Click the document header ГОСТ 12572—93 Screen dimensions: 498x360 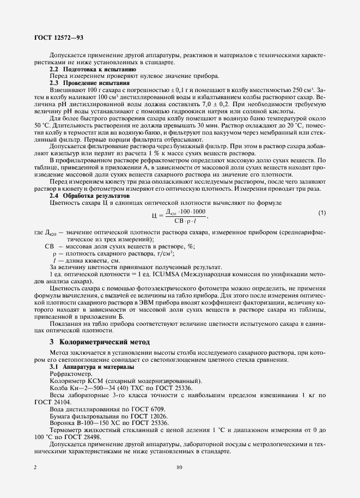[52, 37]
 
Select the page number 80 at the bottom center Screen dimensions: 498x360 [180, 467]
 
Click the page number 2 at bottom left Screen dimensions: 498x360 [35, 467]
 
